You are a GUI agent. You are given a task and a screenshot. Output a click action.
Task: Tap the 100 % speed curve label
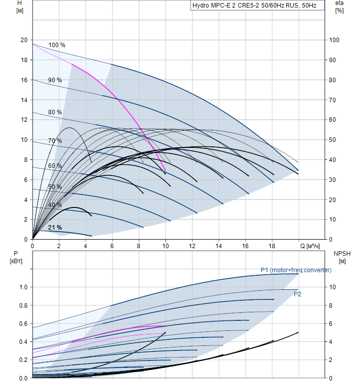pos(57,45)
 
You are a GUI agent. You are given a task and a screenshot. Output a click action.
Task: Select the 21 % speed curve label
pos(55,228)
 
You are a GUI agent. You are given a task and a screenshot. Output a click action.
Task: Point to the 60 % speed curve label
pos(55,166)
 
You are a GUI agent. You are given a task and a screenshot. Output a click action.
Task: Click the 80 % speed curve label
pos(55,112)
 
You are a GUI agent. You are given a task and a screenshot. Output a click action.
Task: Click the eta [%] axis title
pos(339,7)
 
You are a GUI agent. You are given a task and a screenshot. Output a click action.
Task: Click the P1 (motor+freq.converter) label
pos(296,270)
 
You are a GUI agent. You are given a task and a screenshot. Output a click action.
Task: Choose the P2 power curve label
pos(297,294)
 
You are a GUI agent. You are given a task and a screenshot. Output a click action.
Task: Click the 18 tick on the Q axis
pos(272,246)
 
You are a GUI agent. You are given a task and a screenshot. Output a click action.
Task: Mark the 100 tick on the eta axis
pos(334,40)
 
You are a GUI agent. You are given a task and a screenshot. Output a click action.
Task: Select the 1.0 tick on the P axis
pos(23,287)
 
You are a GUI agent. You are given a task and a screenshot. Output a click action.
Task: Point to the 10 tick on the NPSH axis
pos(334,287)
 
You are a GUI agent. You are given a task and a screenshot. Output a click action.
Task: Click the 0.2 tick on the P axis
pos(23,360)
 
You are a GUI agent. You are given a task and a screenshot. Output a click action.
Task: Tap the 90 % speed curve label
pos(55,80)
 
